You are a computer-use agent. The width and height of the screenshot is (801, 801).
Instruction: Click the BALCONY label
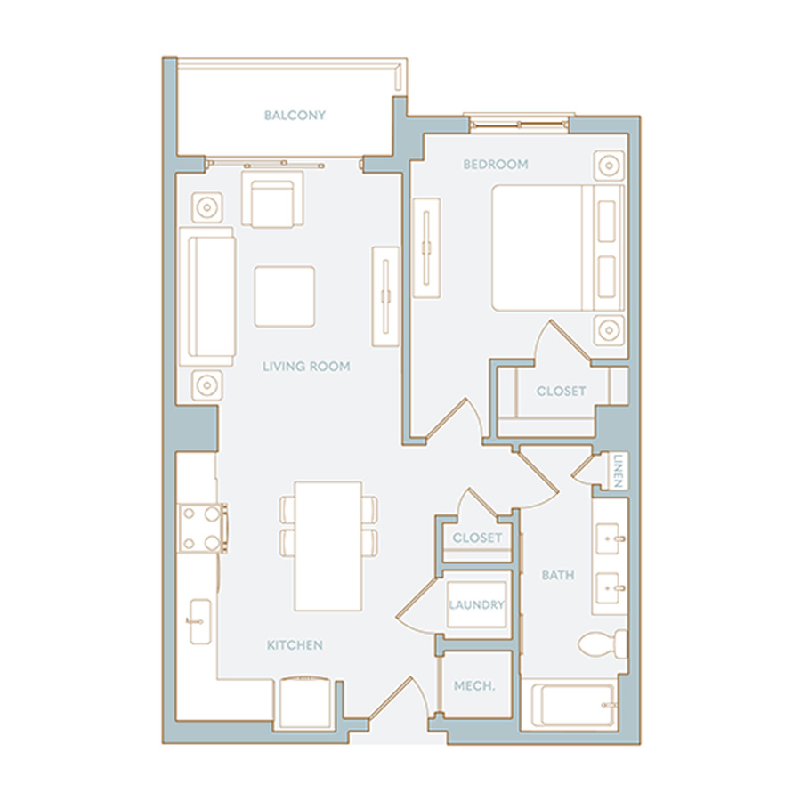point(295,116)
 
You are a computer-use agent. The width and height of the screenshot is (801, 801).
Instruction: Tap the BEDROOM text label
point(495,165)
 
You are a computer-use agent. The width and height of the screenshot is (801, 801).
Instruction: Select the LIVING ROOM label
point(306,366)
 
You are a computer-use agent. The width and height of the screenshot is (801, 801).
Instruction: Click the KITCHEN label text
point(295,644)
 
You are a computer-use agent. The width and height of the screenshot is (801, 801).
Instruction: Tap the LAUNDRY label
point(476,605)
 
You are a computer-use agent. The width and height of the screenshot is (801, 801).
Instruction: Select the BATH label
point(558,576)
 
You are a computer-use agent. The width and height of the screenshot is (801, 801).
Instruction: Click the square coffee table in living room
point(284,295)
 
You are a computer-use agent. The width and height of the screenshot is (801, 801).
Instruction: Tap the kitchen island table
point(328,546)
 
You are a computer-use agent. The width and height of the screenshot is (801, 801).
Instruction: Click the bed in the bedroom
point(543,247)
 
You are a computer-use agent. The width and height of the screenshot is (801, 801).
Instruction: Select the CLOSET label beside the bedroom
point(561,392)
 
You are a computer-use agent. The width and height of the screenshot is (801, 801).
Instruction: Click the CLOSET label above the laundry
point(477,538)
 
